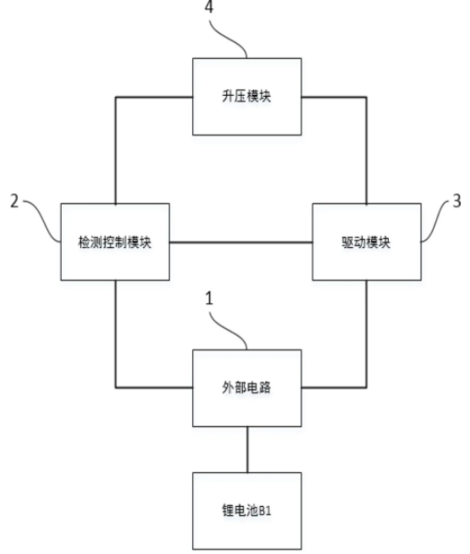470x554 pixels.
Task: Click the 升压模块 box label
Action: click(x=247, y=96)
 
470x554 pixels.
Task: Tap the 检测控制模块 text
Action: click(x=115, y=242)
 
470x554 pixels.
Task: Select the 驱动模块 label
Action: click(x=367, y=242)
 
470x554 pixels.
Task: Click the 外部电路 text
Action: click(x=247, y=387)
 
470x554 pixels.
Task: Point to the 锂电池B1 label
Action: click(x=247, y=511)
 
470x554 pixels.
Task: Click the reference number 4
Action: click(x=210, y=6)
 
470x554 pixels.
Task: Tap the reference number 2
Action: click(x=14, y=201)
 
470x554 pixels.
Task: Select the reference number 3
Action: click(x=457, y=201)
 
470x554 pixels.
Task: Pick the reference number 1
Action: click(x=210, y=298)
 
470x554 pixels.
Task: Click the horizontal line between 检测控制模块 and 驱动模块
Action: click(x=241, y=242)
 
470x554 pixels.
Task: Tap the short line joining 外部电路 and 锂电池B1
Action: click(x=247, y=450)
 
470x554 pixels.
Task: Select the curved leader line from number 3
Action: click(x=439, y=221)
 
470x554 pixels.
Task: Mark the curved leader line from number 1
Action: click(x=228, y=330)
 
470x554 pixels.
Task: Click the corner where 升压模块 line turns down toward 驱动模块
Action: click(x=367, y=97)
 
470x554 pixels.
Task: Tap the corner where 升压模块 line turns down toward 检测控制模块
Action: click(x=115, y=97)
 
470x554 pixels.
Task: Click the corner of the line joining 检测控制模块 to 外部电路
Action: click(x=115, y=387)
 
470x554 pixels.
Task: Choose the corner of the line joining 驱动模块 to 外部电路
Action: click(x=367, y=387)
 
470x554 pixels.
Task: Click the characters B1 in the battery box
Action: click(x=265, y=511)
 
